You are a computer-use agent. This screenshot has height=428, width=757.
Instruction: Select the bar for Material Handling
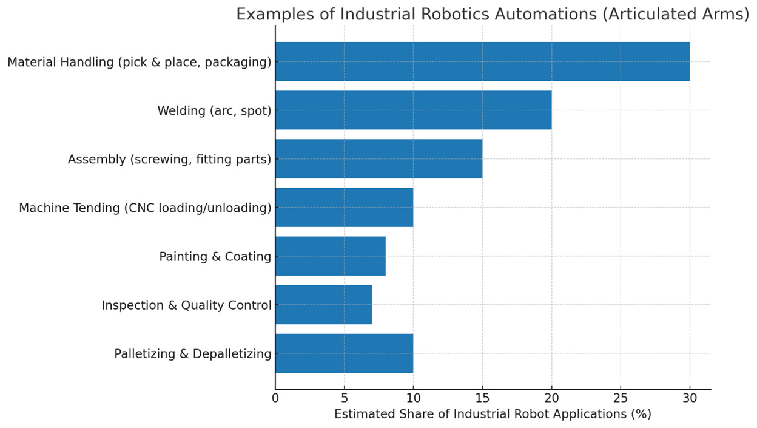click(x=482, y=61)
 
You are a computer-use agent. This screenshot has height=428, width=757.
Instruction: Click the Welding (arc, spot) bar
click(x=413, y=110)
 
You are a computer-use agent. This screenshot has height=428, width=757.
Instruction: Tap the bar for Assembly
click(x=378, y=159)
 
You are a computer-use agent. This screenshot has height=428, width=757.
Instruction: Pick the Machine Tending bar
click(x=344, y=208)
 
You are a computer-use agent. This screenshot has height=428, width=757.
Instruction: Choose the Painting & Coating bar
click(x=330, y=256)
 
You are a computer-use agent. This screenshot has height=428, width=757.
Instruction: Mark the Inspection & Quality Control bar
click(x=323, y=305)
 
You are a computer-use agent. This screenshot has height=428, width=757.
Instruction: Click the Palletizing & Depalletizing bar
click(x=344, y=353)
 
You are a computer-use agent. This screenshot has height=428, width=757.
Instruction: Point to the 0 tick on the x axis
click(x=275, y=399)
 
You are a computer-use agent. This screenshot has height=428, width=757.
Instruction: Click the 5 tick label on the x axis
click(x=345, y=399)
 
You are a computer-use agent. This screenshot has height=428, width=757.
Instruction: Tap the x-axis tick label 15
click(x=482, y=399)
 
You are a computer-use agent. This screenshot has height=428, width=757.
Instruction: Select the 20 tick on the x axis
click(x=551, y=399)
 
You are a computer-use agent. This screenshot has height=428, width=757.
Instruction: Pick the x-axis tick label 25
click(x=621, y=399)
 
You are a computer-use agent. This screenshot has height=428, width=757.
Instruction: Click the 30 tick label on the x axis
click(x=690, y=399)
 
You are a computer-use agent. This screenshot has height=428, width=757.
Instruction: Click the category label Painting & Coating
click(x=215, y=257)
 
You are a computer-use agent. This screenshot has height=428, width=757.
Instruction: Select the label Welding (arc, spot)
click(x=214, y=110)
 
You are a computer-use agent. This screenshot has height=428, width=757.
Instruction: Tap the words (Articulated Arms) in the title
click(x=677, y=15)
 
